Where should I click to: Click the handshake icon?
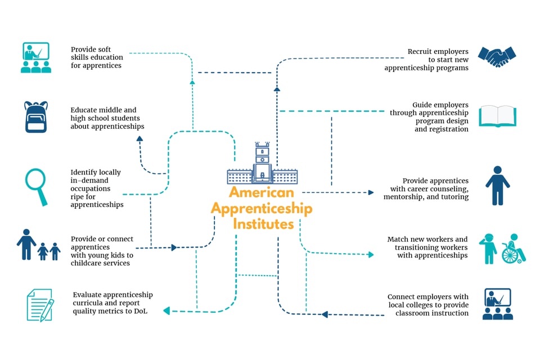497,56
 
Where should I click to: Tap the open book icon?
497,116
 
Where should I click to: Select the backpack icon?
36,117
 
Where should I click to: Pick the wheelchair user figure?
513,249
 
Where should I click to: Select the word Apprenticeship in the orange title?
262,209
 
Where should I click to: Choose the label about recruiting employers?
426,60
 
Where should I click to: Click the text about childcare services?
102,251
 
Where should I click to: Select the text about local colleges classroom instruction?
427,305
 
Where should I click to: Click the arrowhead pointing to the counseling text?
371,192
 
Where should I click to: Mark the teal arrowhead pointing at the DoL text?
167,310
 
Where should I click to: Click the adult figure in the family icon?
26,244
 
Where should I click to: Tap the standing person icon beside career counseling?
497,185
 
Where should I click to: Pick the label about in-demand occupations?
96,188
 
